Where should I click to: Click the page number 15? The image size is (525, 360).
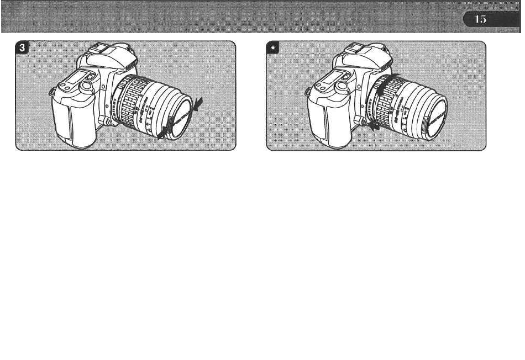pos(480,19)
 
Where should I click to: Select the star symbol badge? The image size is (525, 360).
pos(273,48)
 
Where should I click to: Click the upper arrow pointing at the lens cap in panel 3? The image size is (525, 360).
pos(197,102)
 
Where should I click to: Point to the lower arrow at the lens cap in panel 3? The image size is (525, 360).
pos(162,134)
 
